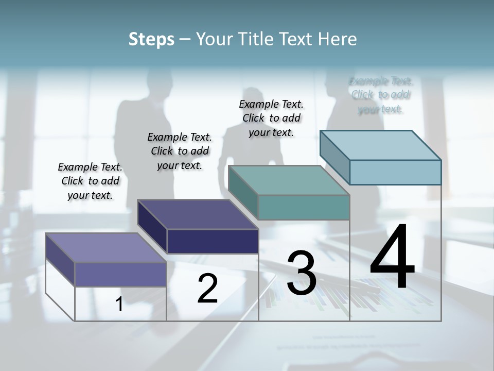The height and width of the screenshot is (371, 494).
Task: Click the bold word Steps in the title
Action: [x=151, y=39]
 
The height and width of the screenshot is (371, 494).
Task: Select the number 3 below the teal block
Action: [x=302, y=273]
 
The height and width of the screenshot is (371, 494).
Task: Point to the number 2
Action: [x=207, y=289]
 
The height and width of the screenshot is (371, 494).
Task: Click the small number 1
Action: [x=119, y=305]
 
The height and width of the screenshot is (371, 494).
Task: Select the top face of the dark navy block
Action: [x=198, y=214]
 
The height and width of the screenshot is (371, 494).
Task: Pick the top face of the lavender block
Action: [x=106, y=248]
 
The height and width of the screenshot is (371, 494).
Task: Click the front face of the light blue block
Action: [x=395, y=172]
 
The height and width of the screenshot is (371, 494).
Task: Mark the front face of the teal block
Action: [x=304, y=207]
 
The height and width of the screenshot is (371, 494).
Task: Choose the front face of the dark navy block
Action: [x=213, y=241]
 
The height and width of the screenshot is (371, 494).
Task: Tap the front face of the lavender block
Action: [x=120, y=274]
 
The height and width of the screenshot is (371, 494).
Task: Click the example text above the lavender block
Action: [x=90, y=181]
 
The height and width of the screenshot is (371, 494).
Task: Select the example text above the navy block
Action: [x=180, y=151]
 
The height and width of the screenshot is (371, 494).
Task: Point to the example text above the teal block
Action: [x=271, y=118]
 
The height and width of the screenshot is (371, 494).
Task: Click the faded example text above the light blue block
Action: [x=380, y=95]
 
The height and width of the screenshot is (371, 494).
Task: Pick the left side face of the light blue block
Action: [x=335, y=157]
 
